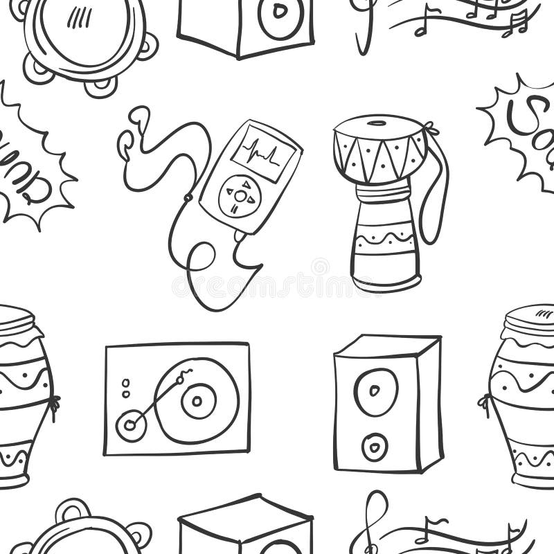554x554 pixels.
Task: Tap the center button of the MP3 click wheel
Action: click(240, 196)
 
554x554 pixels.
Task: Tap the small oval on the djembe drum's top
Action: click(377, 124)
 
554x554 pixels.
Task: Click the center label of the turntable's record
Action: click(199, 401)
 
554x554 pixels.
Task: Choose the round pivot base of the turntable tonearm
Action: click(130, 424)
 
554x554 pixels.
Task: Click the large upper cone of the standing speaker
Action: click(376, 391)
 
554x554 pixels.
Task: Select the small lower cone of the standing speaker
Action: click(375, 446)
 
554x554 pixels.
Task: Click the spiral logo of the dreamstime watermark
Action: click(320, 267)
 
